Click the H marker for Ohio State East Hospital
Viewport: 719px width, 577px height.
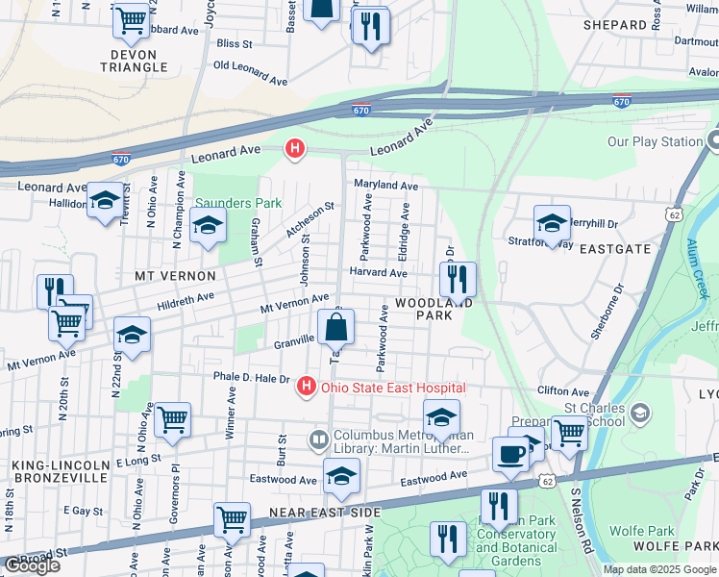pyautogui.click(x=306, y=387)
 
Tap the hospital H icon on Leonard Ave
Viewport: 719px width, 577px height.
pyautogui.click(x=296, y=149)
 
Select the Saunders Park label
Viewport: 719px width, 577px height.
pyautogui.click(x=239, y=203)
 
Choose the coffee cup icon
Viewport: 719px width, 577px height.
pyautogui.click(x=509, y=454)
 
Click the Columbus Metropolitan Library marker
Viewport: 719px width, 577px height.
pyautogui.click(x=319, y=440)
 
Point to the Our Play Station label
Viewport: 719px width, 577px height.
pyautogui.click(x=655, y=141)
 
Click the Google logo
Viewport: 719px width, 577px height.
pyautogui.click(x=32, y=565)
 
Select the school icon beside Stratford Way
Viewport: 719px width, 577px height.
pyautogui.click(x=552, y=223)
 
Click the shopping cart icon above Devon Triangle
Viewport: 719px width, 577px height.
pyautogui.click(x=132, y=19)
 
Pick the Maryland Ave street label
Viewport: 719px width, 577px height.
pyautogui.click(x=385, y=185)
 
